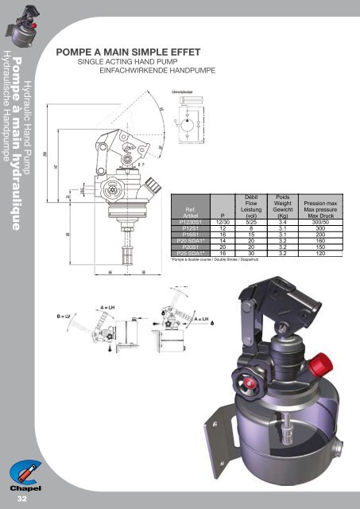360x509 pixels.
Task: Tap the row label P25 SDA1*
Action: tap(184, 254)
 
